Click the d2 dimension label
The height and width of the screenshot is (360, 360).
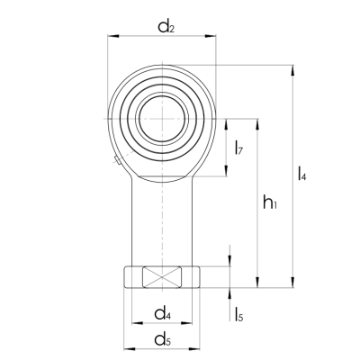coord(166,26)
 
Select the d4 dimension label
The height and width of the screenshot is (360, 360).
coord(163,313)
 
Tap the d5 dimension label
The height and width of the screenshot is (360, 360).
coord(163,339)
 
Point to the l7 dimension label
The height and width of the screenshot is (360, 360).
coord(238,148)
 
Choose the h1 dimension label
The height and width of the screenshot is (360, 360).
coord(270,204)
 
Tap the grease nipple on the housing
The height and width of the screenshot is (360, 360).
coord(118,161)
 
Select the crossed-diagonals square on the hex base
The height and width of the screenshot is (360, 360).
coord(163,278)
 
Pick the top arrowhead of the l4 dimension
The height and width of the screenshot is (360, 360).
coord(293,68)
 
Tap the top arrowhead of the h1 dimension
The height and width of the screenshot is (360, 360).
coord(259,120)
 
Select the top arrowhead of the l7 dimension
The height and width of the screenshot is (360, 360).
coord(225,121)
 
